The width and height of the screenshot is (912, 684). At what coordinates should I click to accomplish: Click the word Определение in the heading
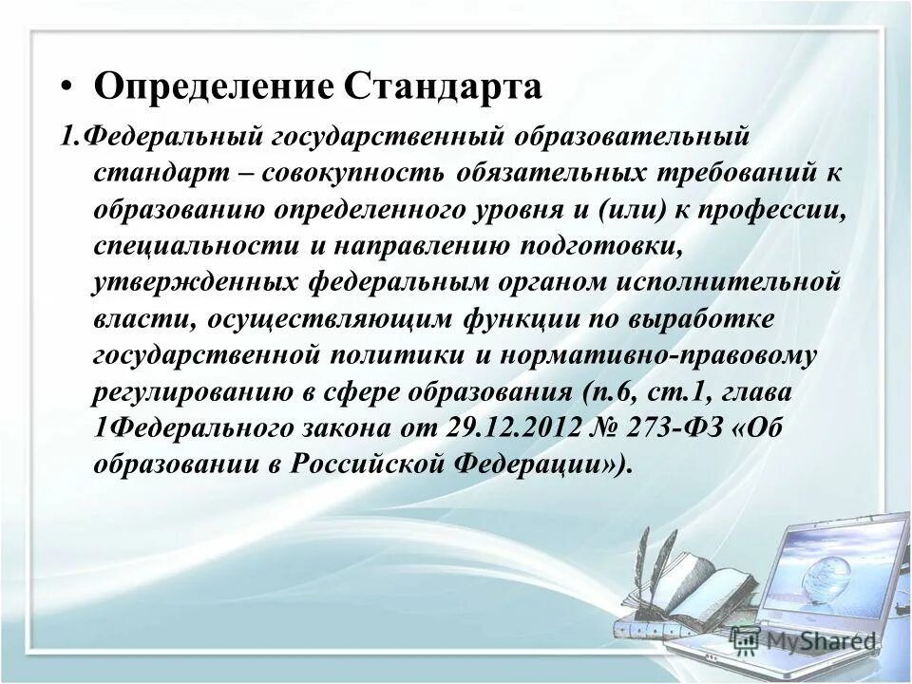click(214, 87)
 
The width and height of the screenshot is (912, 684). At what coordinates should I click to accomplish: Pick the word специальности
click(196, 247)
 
